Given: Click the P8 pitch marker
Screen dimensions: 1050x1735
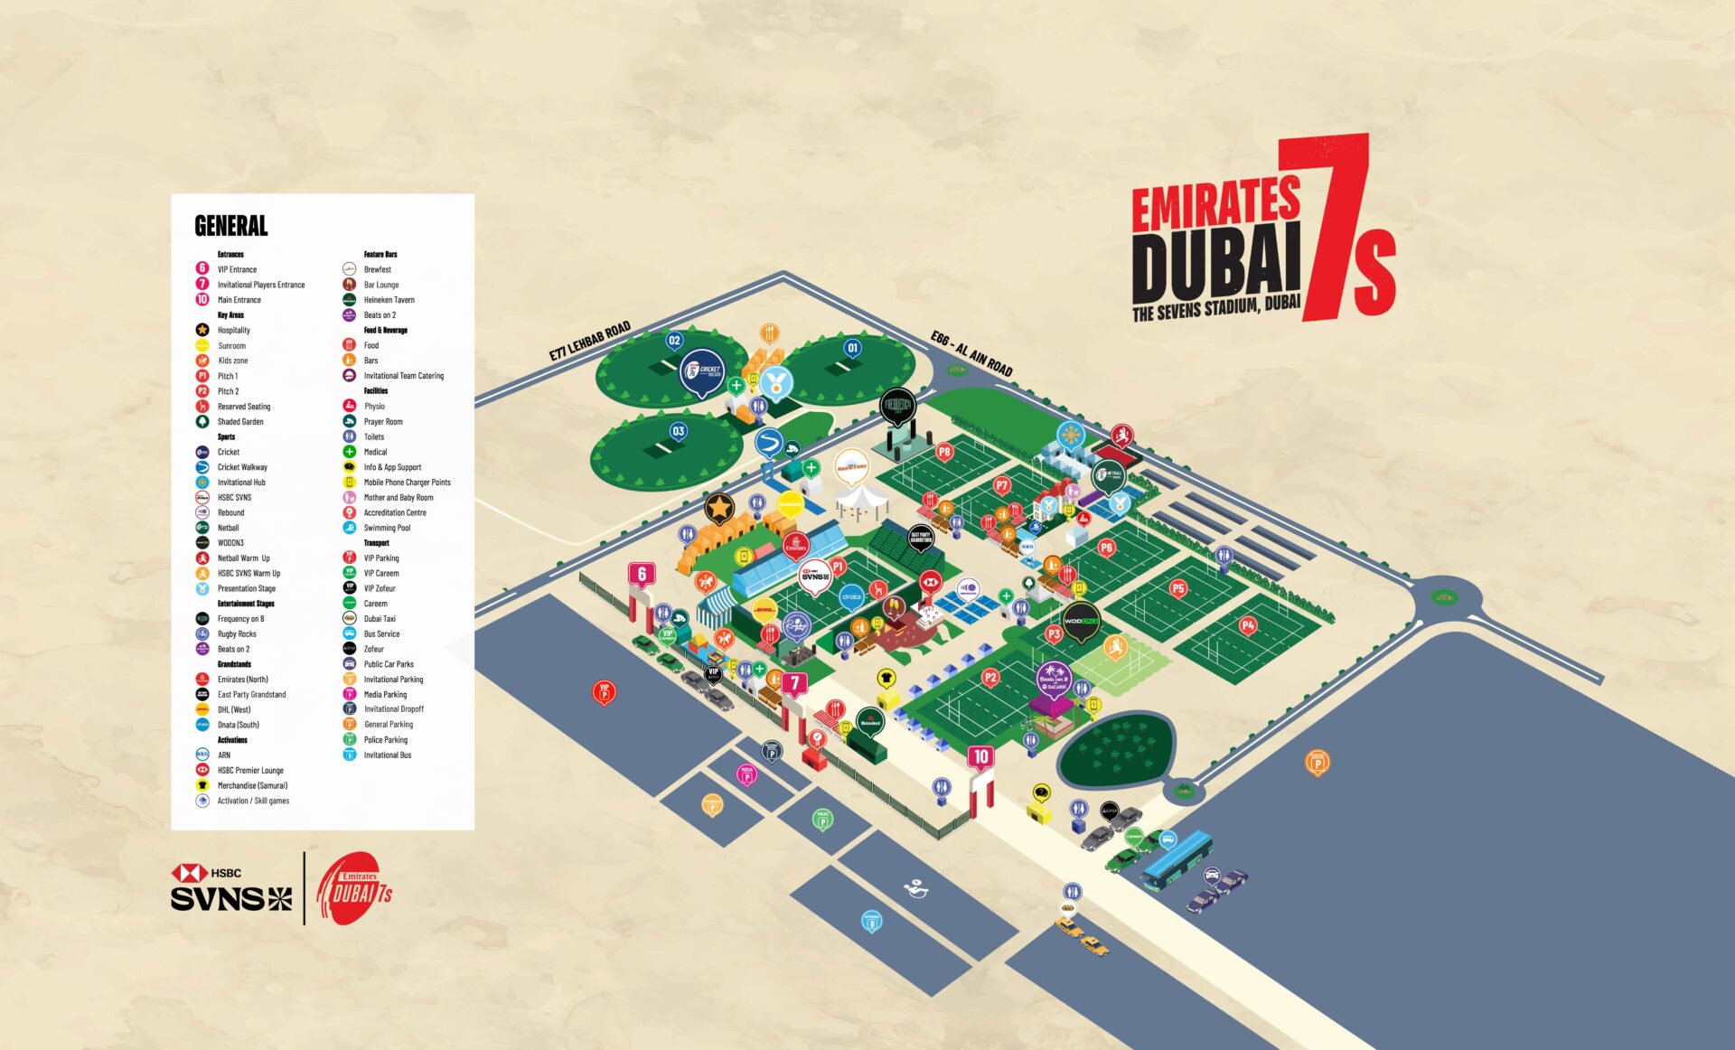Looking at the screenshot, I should (944, 452).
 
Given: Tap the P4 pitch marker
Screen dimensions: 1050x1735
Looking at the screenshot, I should (1247, 625).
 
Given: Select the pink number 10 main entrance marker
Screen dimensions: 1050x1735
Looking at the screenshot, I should (981, 756).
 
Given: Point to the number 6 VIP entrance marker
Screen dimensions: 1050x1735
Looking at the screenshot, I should (642, 574).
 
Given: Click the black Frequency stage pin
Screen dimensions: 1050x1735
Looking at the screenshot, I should (897, 406).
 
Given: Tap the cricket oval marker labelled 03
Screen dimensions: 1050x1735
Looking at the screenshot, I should (678, 431).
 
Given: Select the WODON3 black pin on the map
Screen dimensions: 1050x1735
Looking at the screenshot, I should (1080, 621).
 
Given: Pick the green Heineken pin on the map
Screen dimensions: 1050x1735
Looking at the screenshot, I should (869, 722).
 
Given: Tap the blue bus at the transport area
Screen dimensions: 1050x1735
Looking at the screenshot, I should (1176, 860).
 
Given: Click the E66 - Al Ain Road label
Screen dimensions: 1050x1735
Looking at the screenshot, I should (971, 353).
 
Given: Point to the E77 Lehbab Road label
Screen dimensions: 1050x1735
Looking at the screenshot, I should (589, 342).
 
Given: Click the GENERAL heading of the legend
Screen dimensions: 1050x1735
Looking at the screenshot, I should (231, 225).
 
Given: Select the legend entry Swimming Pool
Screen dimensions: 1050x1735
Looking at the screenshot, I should (387, 528).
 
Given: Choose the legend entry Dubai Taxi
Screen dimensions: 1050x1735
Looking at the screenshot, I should (380, 619).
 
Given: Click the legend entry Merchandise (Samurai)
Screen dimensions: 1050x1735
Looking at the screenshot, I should (252, 785).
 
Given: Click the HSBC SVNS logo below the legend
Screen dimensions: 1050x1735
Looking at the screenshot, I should (231, 888).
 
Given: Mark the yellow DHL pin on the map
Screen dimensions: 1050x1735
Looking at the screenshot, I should (764, 610).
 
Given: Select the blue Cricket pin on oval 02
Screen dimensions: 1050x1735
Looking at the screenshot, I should (702, 370).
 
